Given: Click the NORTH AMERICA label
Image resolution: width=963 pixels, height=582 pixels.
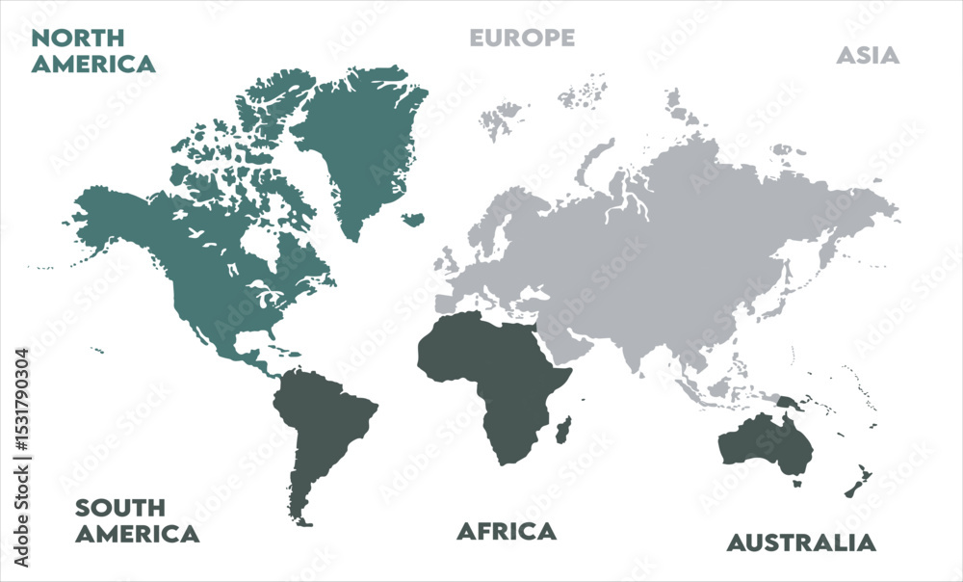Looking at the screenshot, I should coord(92,51).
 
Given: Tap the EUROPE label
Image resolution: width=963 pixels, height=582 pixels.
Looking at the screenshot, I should coord(522,38).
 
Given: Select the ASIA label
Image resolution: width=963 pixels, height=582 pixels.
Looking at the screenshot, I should coord(867,55).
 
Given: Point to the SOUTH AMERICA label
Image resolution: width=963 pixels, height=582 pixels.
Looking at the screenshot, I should coord(137,520).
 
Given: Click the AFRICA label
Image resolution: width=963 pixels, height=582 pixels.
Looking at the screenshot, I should coord(506,531).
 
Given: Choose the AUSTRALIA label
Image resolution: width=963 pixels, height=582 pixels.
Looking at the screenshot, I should coord(801,542).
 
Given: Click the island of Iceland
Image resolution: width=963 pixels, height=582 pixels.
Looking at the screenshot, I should coord(414,220).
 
